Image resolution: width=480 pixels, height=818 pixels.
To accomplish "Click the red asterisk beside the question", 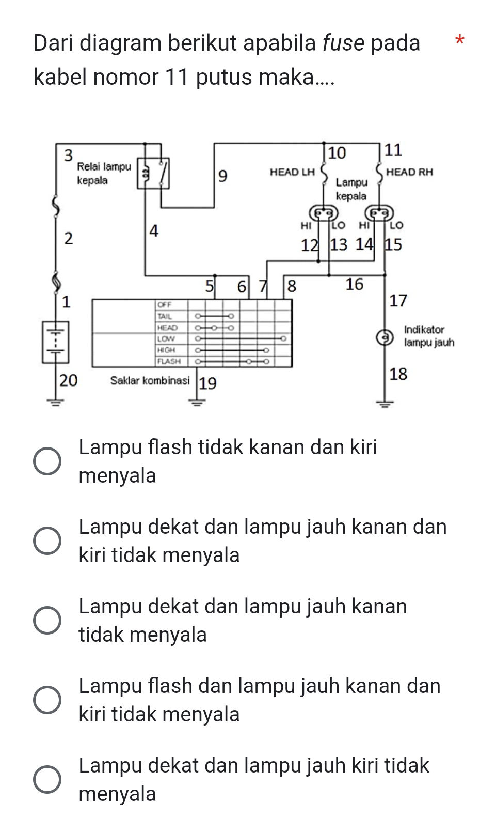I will click(x=459, y=40).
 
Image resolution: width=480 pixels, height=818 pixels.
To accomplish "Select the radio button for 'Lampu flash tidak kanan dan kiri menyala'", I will click(x=47, y=461).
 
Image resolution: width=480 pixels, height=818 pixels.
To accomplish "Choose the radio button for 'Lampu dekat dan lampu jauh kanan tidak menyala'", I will click(x=47, y=620).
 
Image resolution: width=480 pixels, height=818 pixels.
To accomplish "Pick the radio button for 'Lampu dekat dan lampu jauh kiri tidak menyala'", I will click(x=47, y=779).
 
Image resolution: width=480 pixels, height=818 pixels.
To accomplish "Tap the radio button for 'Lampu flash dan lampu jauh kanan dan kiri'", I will click(x=47, y=700).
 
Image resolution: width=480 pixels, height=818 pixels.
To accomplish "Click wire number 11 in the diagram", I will click(x=393, y=150).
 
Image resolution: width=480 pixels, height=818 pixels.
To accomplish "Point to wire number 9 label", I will click(x=222, y=176).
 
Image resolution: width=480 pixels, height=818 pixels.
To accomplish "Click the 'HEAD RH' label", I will click(x=409, y=172).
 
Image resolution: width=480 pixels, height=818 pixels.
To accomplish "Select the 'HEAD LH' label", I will click(x=292, y=172).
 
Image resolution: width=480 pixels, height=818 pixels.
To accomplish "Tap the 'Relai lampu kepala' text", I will click(x=104, y=174).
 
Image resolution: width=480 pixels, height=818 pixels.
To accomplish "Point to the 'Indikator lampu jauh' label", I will click(x=428, y=336).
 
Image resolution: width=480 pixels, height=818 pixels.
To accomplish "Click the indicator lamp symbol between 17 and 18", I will click(x=384, y=337).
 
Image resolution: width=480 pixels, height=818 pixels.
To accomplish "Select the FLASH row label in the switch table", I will click(x=169, y=361).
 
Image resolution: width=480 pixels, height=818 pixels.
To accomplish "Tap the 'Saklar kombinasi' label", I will click(x=150, y=381).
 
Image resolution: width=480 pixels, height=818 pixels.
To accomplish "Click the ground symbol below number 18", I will click(x=385, y=404).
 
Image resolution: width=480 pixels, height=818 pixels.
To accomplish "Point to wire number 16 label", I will click(x=354, y=284).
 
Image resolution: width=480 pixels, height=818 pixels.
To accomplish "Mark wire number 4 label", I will click(x=154, y=230).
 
